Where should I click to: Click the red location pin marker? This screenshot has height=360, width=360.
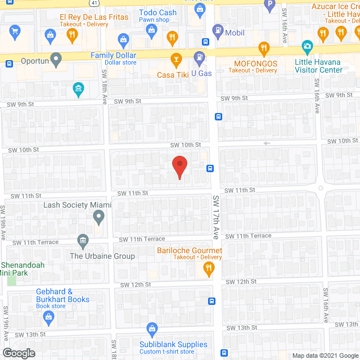click(179, 167)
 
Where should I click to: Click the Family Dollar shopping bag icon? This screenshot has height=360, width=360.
click(123, 39)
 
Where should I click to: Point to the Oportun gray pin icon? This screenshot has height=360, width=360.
click(56, 59)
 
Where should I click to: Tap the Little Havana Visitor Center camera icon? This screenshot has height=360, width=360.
click(307, 46)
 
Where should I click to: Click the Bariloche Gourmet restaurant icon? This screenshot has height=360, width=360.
click(209, 270)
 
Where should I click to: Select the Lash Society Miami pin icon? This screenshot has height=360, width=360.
click(99, 217)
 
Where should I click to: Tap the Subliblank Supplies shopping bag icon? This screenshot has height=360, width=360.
click(151, 329)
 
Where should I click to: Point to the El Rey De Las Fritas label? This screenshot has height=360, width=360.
click(94, 17)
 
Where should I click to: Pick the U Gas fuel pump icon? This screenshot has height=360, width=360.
click(199, 57)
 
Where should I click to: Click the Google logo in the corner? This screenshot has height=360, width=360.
click(19, 353)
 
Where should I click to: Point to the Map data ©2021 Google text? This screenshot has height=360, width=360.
click(325, 355)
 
